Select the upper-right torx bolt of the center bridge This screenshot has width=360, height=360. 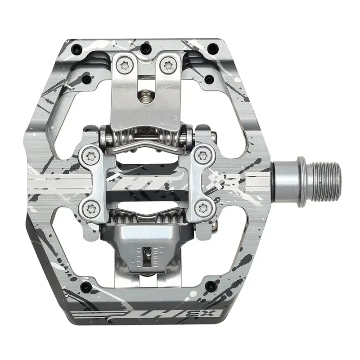[202, 156]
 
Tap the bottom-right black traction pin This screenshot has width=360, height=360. [210, 285]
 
